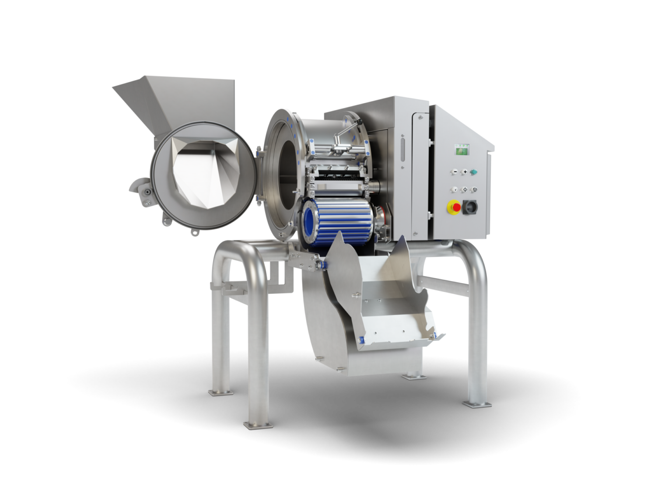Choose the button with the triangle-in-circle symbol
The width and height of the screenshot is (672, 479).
point(474,190)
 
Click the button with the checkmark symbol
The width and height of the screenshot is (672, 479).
point(455,190)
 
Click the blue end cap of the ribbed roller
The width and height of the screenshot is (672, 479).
point(311,223)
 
